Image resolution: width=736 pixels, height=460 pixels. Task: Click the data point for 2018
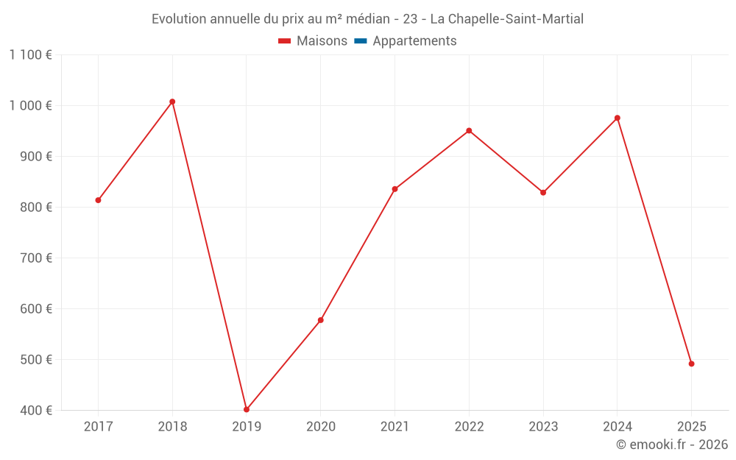tap(172, 102)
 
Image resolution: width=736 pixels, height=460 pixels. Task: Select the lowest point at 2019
tap(247, 409)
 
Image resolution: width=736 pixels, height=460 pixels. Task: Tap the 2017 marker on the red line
tap(98, 200)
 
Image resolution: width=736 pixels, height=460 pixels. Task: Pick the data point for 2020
tap(321, 320)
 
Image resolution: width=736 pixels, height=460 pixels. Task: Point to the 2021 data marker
tap(394, 189)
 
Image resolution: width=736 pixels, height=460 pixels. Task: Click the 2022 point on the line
tap(469, 131)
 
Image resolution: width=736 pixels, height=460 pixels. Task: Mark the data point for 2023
tap(543, 193)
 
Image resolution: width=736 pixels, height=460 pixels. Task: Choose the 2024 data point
tap(618, 118)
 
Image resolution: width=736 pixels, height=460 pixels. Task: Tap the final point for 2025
tap(691, 364)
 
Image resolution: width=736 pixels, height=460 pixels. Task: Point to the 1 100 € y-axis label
tap(31, 54)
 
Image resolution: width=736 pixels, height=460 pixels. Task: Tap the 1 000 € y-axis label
tap(31, 105)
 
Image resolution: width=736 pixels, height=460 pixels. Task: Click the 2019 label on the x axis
tap(247, 426)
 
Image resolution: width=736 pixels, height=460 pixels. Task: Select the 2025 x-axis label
tap(691, 426)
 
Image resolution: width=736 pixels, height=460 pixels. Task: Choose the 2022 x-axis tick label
tap(469, 426)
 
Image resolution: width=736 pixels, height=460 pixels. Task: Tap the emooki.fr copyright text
tap(672, 445)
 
